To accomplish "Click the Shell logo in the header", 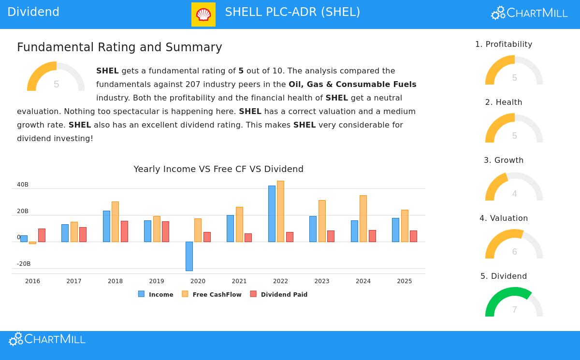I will [203, 14].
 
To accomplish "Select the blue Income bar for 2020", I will [189, 256].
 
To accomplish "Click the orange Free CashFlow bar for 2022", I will [280, 211].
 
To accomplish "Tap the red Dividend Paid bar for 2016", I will [42, 235].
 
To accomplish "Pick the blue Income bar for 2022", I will [272, 214].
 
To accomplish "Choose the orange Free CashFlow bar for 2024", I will [363, 218].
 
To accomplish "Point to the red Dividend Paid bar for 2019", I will [165, 231].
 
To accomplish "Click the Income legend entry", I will [156, 294].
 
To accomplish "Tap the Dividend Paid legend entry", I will [279, 294].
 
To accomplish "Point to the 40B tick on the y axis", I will [23, 185].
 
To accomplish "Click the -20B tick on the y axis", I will [24, 264].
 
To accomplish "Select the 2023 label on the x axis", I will [321, 281].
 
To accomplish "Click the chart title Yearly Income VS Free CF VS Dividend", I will [218, 169].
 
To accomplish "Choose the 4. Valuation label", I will [504, 218].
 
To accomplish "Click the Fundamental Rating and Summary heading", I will [119, 47].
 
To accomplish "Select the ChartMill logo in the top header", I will [529, 13].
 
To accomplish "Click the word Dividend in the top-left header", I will [33, 12].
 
